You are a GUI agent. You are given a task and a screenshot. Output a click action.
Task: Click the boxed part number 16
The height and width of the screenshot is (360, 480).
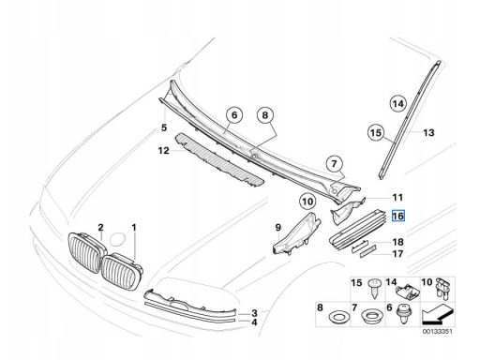(398, 216)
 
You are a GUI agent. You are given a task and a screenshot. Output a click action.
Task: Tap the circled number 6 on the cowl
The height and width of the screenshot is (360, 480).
(234, 115)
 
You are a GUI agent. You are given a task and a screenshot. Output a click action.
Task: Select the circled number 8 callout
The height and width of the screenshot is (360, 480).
(265, 115)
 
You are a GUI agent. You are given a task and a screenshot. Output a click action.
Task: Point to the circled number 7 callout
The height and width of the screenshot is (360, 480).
(334, 164)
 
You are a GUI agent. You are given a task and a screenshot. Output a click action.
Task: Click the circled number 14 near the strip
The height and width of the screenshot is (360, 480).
(398, 103)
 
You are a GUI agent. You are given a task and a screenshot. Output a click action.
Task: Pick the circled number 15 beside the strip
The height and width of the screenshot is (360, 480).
(376, 132)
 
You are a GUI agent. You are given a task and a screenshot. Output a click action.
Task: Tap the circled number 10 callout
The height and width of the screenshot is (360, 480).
(307, 202)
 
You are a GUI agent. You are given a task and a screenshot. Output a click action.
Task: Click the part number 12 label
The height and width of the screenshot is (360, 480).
(163, 151)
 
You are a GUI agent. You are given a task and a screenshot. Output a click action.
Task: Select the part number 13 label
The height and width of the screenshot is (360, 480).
(428, 133)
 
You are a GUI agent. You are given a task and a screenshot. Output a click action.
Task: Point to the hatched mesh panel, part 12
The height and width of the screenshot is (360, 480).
(218, 159)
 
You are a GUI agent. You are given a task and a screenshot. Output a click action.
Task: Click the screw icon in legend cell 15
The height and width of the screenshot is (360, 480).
(373, 289)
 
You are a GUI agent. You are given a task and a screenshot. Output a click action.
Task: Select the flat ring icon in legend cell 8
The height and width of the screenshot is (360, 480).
(337, 317)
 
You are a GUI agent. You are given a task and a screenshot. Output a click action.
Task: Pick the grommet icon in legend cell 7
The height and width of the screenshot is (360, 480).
(372, 316)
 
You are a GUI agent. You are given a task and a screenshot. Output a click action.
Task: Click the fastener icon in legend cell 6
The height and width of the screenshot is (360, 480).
(403, 314)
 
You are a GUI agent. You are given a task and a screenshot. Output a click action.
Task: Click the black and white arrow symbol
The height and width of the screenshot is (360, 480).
(437, 315)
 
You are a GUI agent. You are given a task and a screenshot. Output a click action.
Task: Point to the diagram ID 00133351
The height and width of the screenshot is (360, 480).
(438, 332)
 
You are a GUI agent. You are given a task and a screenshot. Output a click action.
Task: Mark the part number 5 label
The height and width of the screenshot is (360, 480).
(164, 127)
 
